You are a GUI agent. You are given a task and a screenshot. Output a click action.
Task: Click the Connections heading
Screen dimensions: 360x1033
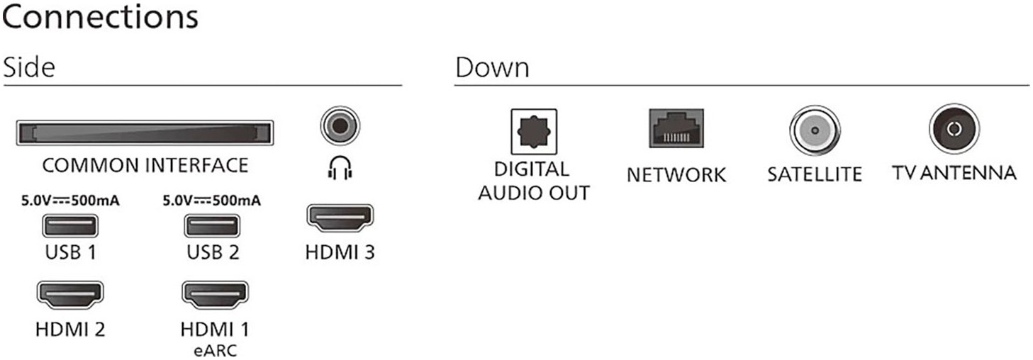(99, 18)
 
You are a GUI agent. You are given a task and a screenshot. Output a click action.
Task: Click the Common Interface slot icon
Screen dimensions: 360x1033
(145, 133)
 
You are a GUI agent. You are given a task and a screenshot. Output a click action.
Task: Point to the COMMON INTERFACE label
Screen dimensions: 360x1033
(145, 166)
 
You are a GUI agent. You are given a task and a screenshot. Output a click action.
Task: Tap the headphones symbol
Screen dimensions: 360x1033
(340, 167)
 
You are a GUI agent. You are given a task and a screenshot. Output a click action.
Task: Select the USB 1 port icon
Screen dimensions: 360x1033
(70, 226)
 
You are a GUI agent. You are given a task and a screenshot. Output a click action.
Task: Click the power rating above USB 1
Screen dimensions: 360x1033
(70, 201)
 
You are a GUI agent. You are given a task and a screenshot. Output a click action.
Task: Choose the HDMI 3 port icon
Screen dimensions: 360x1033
(340, 218)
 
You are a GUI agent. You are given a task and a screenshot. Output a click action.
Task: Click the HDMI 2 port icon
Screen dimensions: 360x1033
(70, 293)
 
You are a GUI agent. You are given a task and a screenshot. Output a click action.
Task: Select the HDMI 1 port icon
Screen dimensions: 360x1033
(215, 293)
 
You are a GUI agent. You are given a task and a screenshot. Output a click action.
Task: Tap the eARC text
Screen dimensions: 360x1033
(214, 350)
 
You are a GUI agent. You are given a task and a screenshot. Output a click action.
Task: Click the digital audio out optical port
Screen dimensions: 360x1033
(534, 130)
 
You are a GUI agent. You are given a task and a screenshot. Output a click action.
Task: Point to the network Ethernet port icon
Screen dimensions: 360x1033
(676, 129)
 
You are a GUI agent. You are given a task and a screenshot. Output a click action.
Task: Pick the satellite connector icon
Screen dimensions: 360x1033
(814, 132)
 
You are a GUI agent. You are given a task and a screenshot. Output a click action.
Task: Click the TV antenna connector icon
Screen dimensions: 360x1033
(954, 129)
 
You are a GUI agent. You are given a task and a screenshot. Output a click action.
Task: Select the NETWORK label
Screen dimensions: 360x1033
(676, 174)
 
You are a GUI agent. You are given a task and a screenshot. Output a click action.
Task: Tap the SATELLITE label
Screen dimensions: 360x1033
(814, 174)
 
